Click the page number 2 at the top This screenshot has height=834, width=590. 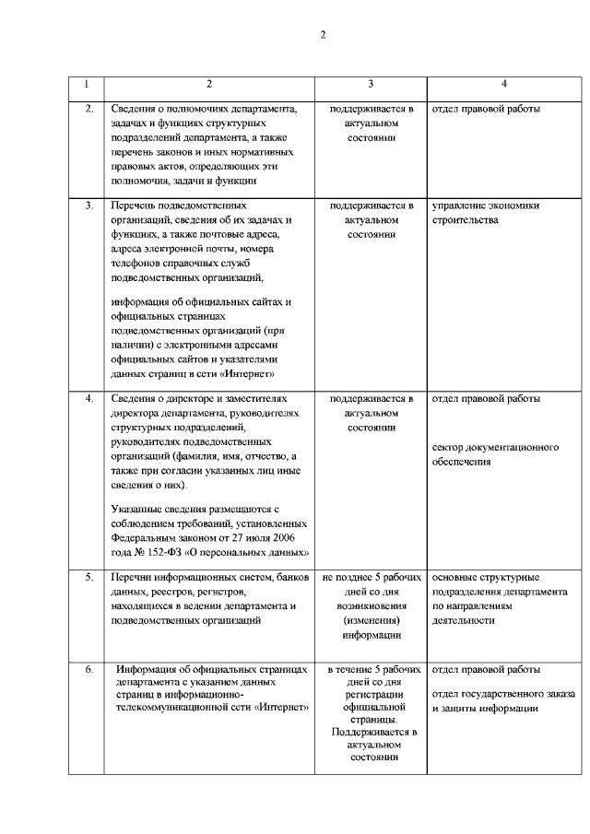coord(323,35)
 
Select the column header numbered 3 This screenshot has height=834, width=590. coord(371,85)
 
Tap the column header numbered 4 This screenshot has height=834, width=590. coord(503,85)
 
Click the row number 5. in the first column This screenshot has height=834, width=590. coord(88,577)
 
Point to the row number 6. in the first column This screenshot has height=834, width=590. coord(88,670)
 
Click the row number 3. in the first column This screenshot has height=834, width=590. coord(88,205)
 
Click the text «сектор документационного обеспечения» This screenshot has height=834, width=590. coord(495,454)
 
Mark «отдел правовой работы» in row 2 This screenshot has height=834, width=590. coord(486,110)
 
